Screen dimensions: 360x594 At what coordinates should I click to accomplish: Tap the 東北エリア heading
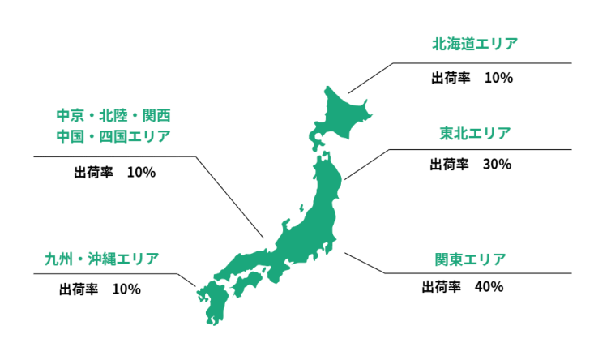pos(476,132)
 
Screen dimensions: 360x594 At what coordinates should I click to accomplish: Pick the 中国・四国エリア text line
pos(113,135)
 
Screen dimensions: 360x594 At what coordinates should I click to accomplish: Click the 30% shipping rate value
pos(496,164)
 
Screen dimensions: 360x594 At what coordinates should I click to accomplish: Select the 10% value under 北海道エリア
pos(498,79)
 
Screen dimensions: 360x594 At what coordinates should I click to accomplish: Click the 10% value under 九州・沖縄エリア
pos(126,289)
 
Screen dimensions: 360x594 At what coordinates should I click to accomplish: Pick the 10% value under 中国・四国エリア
pos(141,172)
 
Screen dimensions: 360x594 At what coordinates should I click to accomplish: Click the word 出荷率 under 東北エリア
pos(449,164)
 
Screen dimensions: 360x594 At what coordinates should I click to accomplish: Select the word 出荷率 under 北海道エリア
pos(449,79)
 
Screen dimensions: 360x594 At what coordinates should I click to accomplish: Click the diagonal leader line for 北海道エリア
pos(369,78)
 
